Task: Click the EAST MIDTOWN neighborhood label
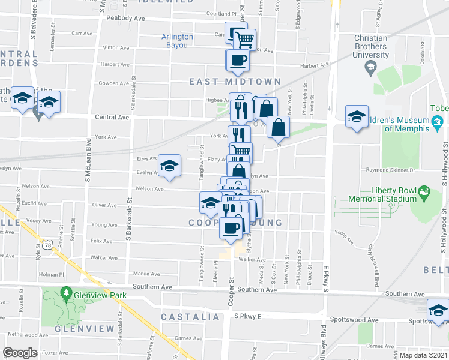point(235,82)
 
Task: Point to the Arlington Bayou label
point(177,40)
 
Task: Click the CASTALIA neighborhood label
point(190,316)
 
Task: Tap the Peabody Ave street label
point(126,19)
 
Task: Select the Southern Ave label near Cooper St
point(256,289)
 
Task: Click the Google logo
point(20,353)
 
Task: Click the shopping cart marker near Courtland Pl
point(244,40)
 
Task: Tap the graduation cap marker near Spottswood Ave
point(438,311)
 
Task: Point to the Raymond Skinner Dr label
point(390,170)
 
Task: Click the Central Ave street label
point(112,118)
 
